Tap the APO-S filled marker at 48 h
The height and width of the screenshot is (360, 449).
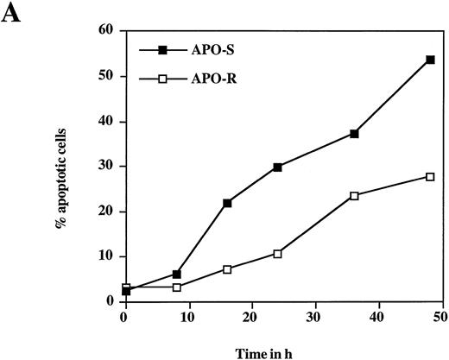tap(430, 60)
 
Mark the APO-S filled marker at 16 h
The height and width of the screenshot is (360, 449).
tap(227, 203)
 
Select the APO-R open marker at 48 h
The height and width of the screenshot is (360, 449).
tap(430, 176)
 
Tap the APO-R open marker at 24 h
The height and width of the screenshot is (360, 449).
tap(277, 253)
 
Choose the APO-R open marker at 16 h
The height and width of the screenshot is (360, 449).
tap(227, 268)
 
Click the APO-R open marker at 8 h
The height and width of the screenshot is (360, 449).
tap(176, 287)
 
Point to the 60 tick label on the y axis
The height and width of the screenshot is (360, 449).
tap(107, 30)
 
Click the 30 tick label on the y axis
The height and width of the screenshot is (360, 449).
tap(107, 166)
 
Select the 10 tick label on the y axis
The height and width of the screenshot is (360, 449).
tap(107, 256)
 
